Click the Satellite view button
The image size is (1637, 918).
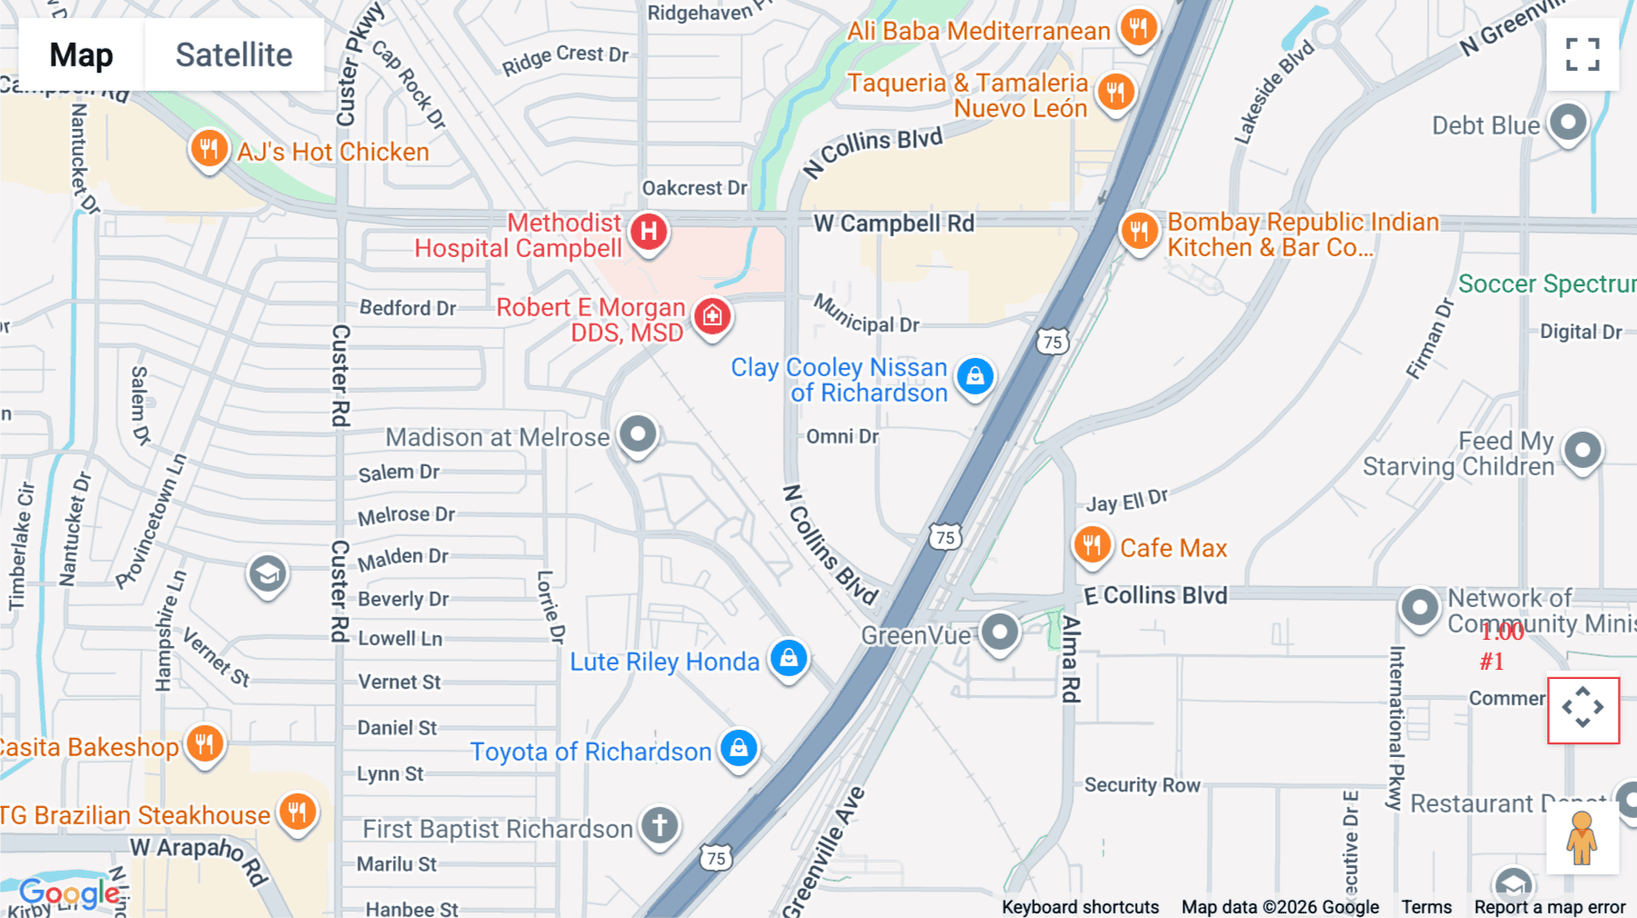(234, 55)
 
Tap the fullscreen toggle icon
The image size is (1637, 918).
(1582, 55)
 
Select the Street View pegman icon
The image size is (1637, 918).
(1582, 838)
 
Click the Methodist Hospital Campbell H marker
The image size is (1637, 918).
(648, 232)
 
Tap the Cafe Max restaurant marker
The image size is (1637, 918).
(1091, 545)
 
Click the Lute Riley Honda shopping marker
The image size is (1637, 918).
(788, 658)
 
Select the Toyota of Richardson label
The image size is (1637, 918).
(590, 752)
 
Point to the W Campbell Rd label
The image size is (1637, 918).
(893, 224)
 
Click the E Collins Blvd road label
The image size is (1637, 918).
(1155, 595)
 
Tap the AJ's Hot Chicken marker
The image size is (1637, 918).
(208, 148)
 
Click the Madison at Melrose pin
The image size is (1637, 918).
(638, 434)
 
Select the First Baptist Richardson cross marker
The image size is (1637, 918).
(659, 825)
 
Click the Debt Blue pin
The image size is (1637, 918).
(1568, 122)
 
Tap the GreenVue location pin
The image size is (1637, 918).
(999, 631)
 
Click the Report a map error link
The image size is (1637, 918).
(1549, 907)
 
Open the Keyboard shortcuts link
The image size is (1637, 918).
(1080, 907)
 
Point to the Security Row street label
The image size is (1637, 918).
(1142, 785)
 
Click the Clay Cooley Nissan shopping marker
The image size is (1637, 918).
(975, 375)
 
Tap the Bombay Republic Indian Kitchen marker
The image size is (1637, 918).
(1139, 231)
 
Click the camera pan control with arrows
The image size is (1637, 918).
(1582, 708)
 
